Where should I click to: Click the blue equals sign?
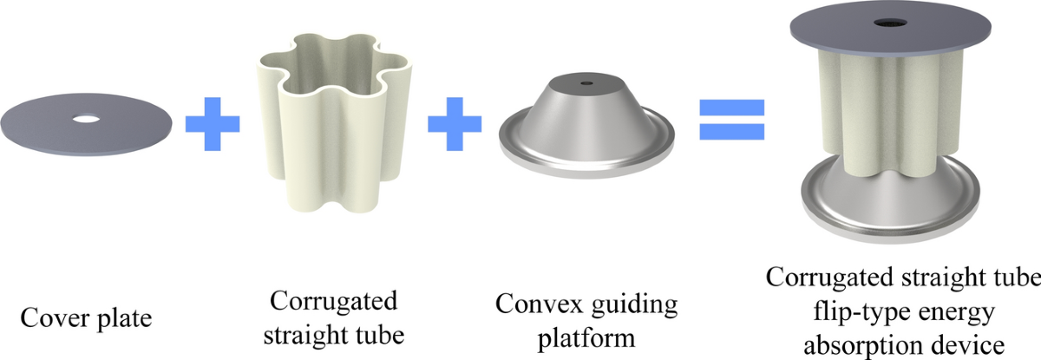pyautogui.click(x=732, y=121)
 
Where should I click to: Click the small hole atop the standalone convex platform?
pyautogui.click(x=587, y=84)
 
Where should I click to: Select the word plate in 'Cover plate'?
pyautogui.click(x=122, y=318)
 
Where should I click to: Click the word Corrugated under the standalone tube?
pyautogui.click(x=333, y=303)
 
